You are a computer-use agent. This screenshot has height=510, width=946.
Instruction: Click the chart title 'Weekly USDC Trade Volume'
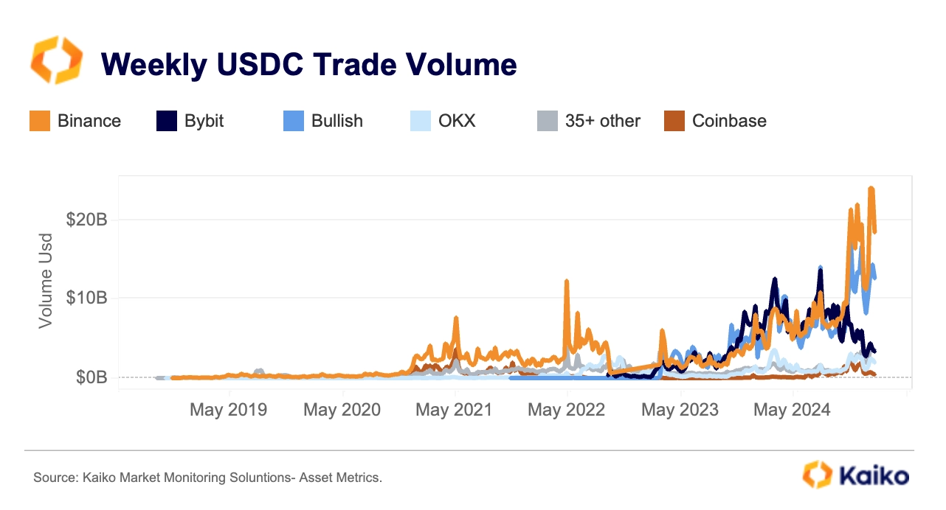(308, 65)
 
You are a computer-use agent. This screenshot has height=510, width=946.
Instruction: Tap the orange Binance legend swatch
(40, 121)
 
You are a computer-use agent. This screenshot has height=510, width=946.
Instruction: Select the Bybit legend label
(204, 121)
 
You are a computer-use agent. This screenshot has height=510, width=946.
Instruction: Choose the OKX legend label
(457, 121)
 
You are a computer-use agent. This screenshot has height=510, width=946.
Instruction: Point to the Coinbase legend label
(728, 121)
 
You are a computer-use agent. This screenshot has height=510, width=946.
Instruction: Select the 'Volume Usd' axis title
(46, 281)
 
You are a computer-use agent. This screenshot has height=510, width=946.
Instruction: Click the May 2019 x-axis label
(229, 410)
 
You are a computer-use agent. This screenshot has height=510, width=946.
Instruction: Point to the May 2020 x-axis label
(342, 410)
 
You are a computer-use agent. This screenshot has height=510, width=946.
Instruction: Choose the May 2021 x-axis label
(454, 410)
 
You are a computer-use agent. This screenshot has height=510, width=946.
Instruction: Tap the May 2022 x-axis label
(566, 410)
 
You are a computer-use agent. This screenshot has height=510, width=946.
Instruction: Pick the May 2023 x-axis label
(680, 410)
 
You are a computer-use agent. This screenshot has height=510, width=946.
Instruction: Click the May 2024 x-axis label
(792, 410)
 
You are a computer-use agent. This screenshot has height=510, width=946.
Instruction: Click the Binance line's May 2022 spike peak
(566, 282)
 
